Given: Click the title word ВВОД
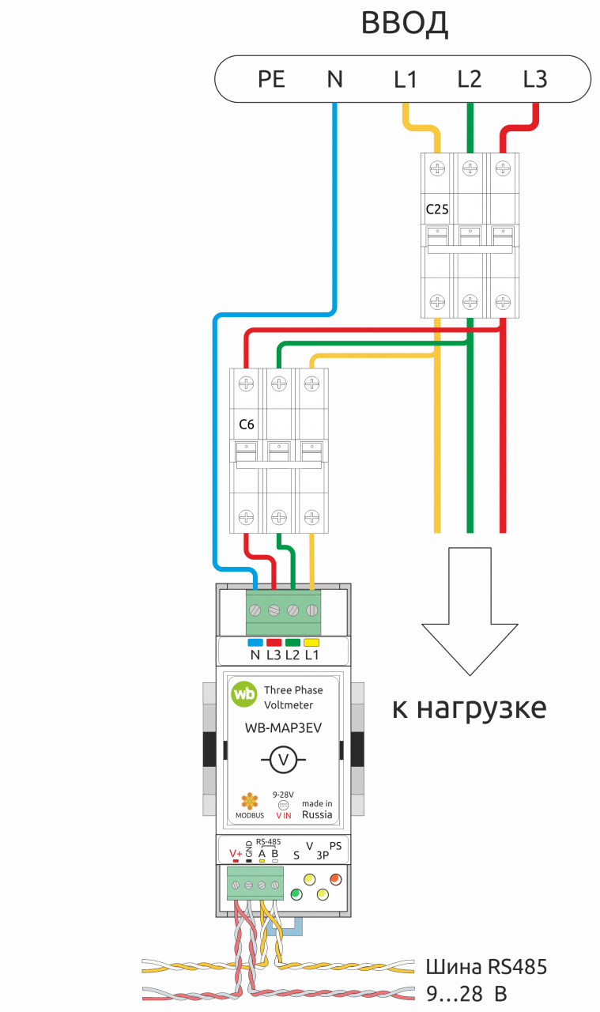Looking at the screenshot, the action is pyautogui.click(x=405, y=24).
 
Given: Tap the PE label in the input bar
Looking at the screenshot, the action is pyautogui.click(x=271, y=80).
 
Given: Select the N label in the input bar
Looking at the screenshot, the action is pyautogui.click(x=335, y=80).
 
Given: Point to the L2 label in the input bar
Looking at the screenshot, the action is pyautogui.click(x=469, y=80).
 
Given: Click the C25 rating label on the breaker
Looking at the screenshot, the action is pyautogui.click(x=437, y=210).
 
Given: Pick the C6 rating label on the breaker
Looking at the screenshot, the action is pyautogui.click(x=246, y=425).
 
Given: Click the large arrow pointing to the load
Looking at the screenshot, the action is pyautogui.click(x=470, y=611).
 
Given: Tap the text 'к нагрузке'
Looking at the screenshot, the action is pyautogui.click(x=469, y=708).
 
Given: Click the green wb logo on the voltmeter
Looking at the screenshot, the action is pyautogui.click(x=244, y=693).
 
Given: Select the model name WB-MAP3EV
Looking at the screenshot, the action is pyautogui.click(x=283, y=728).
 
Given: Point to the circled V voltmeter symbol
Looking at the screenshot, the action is pyautogui.click(x=283, y=760).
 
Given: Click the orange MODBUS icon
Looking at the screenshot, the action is pyautogui.click(x=249, y=801).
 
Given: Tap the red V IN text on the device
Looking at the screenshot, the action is pyautogui.click(x=284, y=815).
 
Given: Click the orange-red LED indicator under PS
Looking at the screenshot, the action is pyautogui.click(x=335, y=878).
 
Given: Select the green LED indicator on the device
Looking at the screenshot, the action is pyautogui.click(x=296, y=893).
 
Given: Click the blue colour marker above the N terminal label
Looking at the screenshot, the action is pyautogui.click(x=255, y=643).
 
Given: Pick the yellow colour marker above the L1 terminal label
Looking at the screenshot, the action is pyautogui.click(x=311, y=643).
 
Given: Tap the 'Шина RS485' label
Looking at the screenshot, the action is pyautogui.click(x=486, y=967).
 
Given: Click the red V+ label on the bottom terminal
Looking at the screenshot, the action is pyautogui.click(x=236, y=853).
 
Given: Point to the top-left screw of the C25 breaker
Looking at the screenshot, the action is pyautogui.click(x=437, y=168).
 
